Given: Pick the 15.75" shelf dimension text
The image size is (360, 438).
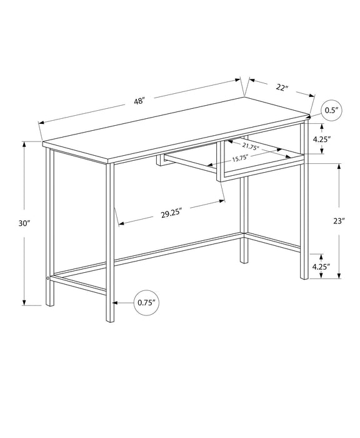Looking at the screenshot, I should (x=240, y=159).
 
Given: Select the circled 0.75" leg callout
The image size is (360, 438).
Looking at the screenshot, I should (x=146, y=303).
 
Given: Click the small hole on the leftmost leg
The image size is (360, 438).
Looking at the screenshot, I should (x=47, y=277).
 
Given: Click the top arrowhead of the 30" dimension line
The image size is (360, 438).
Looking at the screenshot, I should (x=25, y=143).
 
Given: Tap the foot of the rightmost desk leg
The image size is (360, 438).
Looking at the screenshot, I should (x=305, y=275).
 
